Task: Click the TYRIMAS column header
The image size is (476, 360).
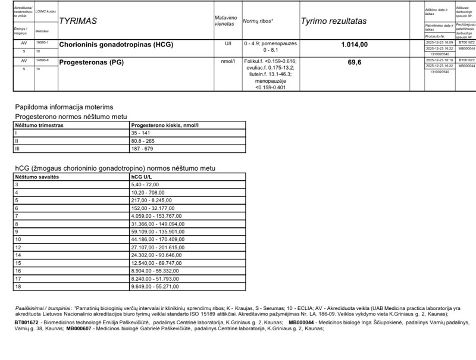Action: point(78,21)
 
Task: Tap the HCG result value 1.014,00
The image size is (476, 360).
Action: point(355,45)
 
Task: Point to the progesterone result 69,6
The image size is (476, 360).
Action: point(355,62)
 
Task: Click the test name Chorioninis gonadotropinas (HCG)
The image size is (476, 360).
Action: point(115,45)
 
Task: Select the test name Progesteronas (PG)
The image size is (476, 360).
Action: point(91,62)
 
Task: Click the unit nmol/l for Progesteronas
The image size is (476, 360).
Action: point(227,61)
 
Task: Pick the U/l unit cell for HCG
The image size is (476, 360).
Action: point(227,44)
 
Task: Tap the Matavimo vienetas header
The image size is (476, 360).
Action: point(226,21)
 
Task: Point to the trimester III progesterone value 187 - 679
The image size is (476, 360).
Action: point(143,149)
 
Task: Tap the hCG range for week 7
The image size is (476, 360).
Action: point(156,216)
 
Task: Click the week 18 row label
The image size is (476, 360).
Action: point(18,286)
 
